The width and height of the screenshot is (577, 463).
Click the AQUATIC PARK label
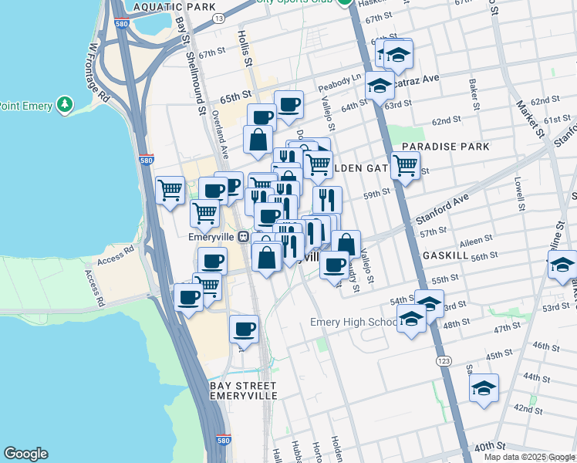click(x=174, y=6)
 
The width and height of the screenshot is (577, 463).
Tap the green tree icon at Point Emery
click(x=66, y=104)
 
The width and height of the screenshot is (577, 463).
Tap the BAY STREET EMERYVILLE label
click(x=243, y=390)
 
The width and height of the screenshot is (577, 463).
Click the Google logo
click(x=25, y=454)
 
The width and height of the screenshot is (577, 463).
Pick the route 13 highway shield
click(x=219, y=17)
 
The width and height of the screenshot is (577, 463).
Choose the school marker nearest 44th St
click(x=484, y=388)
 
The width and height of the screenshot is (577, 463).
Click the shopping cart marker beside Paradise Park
click(x=405, y=164)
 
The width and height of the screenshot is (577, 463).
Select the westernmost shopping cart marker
click(x=170, y=189)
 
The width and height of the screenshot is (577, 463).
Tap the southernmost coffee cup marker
click(x=245, y=329)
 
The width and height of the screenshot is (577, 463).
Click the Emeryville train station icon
click(x=242, y=236)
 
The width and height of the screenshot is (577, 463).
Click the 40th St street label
click(x=490, y=446)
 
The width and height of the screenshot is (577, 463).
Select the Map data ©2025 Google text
click(x=529, y=457)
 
